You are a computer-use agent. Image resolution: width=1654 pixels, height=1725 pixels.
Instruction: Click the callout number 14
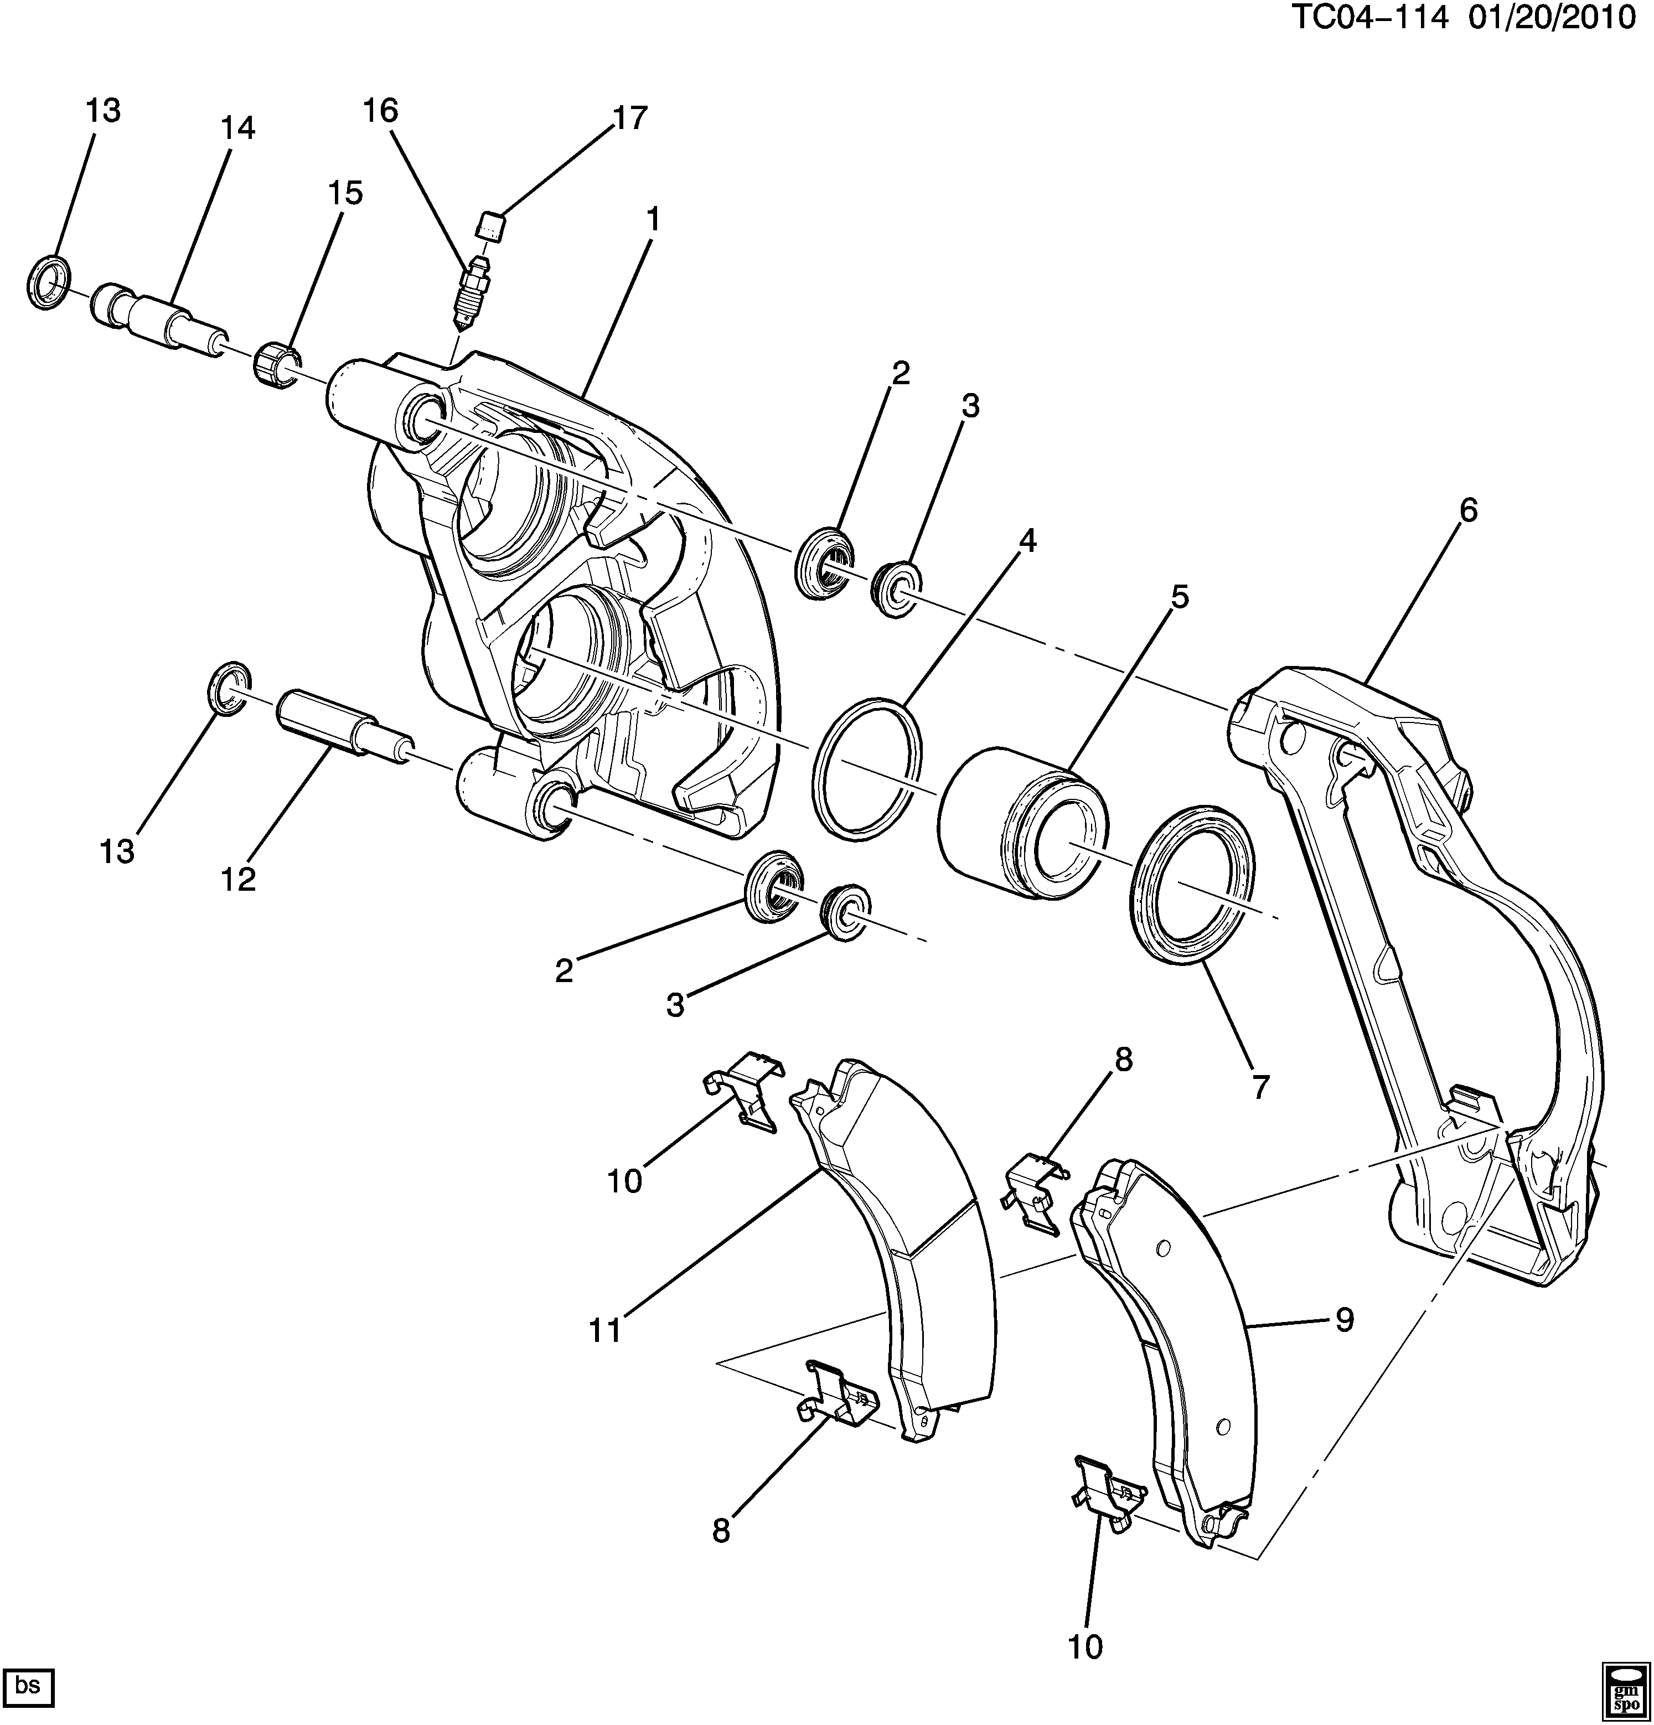coord(237,128)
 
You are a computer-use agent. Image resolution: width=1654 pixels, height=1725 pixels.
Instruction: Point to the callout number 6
coord(1467,510)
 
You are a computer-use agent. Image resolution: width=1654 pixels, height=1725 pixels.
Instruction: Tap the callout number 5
coord(1179,597)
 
